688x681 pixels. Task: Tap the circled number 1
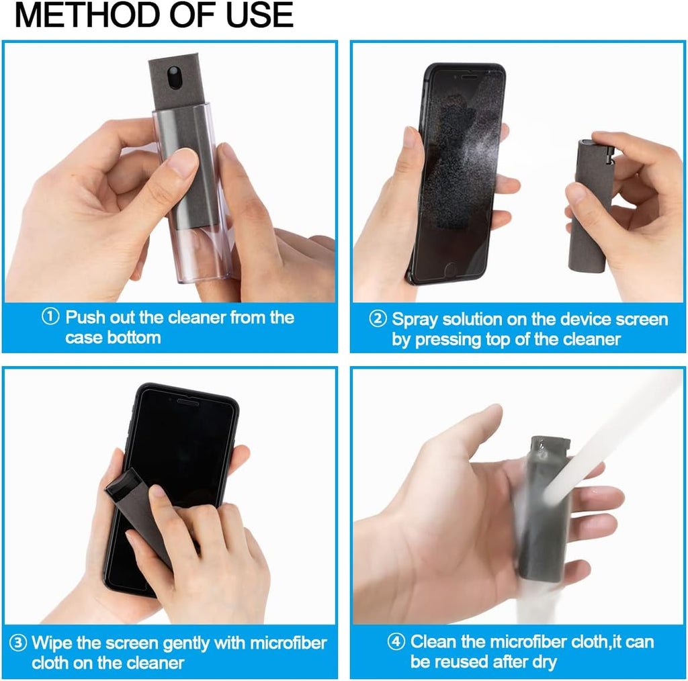(50, 317)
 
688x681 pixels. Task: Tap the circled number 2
(378, 319)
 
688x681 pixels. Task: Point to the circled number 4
(396, 642)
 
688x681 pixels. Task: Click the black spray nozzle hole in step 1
(173, 77)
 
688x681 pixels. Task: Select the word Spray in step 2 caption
(414, 319)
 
